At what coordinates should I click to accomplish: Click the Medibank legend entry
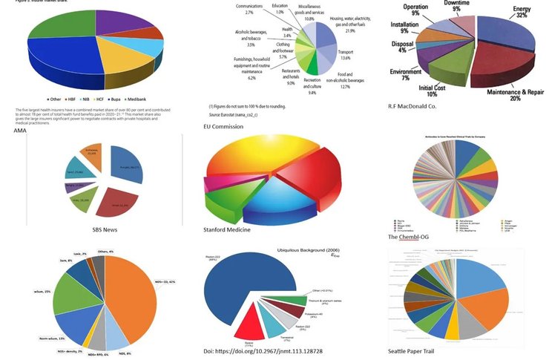tap(151, 99)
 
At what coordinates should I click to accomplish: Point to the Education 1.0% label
tap(280, 10)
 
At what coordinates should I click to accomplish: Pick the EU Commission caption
tap(223, 127)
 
